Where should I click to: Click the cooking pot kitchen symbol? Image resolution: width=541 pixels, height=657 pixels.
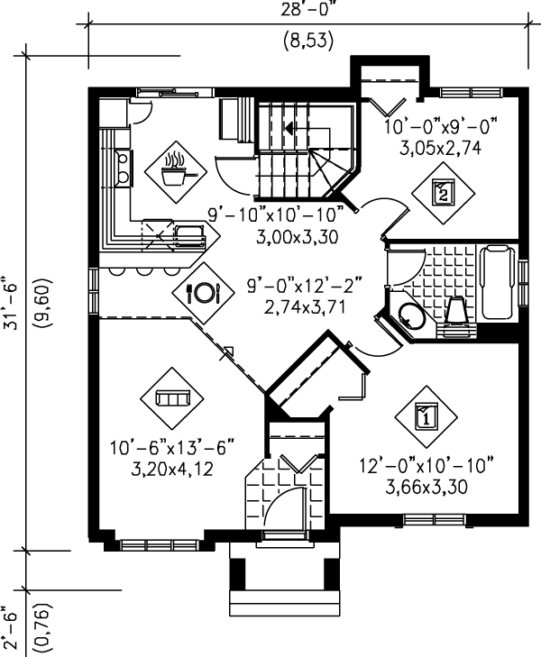[177, 168]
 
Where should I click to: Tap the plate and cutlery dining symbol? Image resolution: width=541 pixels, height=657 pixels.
[203, 292]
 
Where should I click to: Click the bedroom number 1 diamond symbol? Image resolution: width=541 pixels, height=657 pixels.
[426, 416]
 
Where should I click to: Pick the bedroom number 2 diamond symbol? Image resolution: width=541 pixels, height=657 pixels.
[443, 192]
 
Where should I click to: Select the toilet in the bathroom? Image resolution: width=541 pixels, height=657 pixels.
[456, 310]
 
